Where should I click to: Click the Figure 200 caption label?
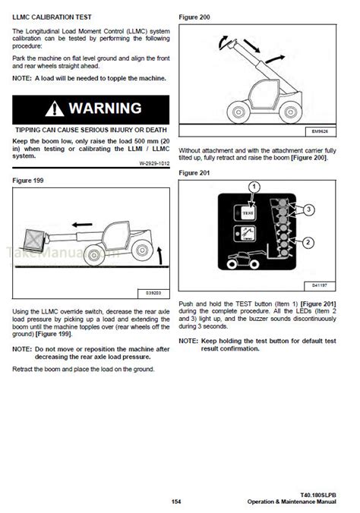click(x=194, y=15)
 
